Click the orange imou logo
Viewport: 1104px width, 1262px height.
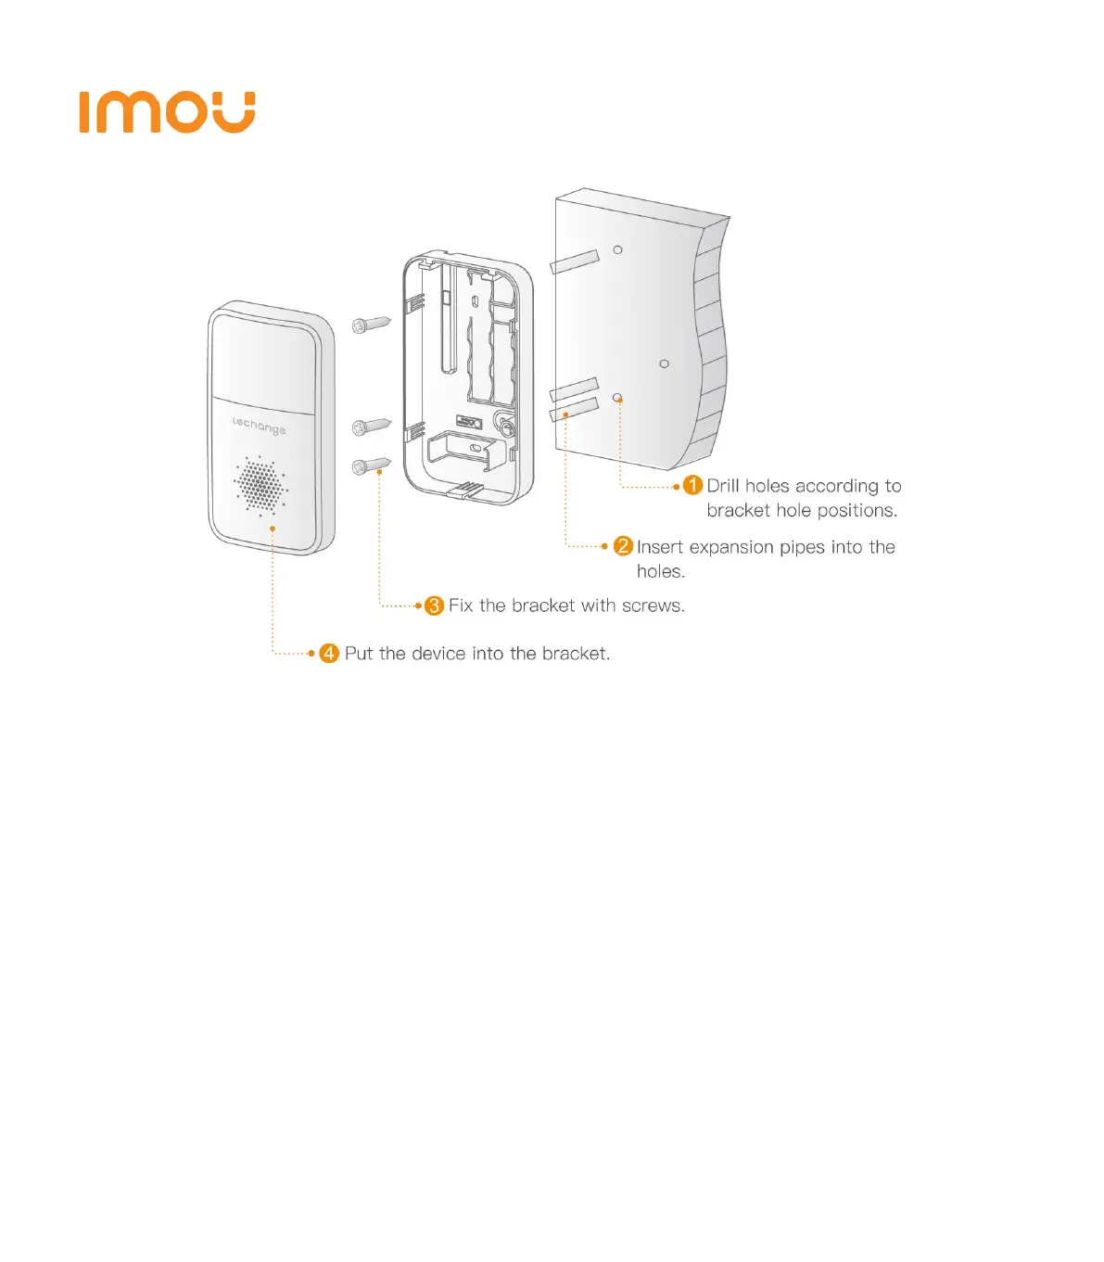167,112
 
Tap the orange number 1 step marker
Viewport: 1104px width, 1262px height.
692,485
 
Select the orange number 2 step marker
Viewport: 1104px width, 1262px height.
623,546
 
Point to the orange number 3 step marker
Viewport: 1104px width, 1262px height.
434,606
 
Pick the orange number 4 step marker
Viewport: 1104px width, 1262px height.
329,653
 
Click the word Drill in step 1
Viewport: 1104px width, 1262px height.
723,485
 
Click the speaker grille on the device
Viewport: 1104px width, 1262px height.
260,483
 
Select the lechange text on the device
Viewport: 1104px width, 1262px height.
259,426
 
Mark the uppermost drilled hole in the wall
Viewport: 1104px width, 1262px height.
618,249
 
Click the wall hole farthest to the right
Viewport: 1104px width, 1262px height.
664,363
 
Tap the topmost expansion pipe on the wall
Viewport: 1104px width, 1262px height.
575,261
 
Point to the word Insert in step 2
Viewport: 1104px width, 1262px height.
659,547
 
